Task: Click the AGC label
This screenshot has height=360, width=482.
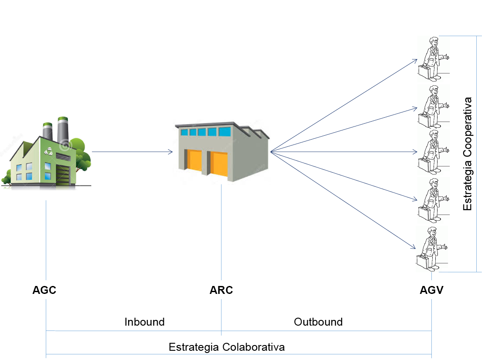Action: pos(44,291)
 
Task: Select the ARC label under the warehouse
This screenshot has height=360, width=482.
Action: pos(221,291)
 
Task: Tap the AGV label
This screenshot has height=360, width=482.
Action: pos(431,291)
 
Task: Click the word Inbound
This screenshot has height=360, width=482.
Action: pos(144,322)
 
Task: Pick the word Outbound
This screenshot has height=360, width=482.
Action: pos(318,322)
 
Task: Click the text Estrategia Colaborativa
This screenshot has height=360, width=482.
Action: pos(227,347)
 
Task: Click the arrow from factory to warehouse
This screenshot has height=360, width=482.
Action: pos(132,152)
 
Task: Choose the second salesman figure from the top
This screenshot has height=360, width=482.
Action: pos(432,106)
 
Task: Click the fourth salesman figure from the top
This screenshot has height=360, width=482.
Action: pos(432,200)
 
